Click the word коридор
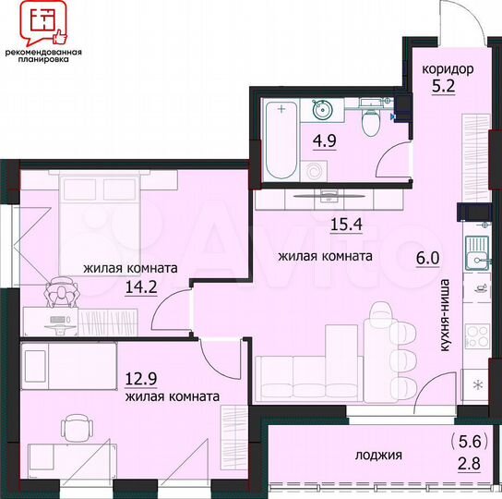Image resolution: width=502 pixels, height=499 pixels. click(448, 69)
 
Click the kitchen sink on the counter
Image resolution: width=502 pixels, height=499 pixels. click(478, 252)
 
